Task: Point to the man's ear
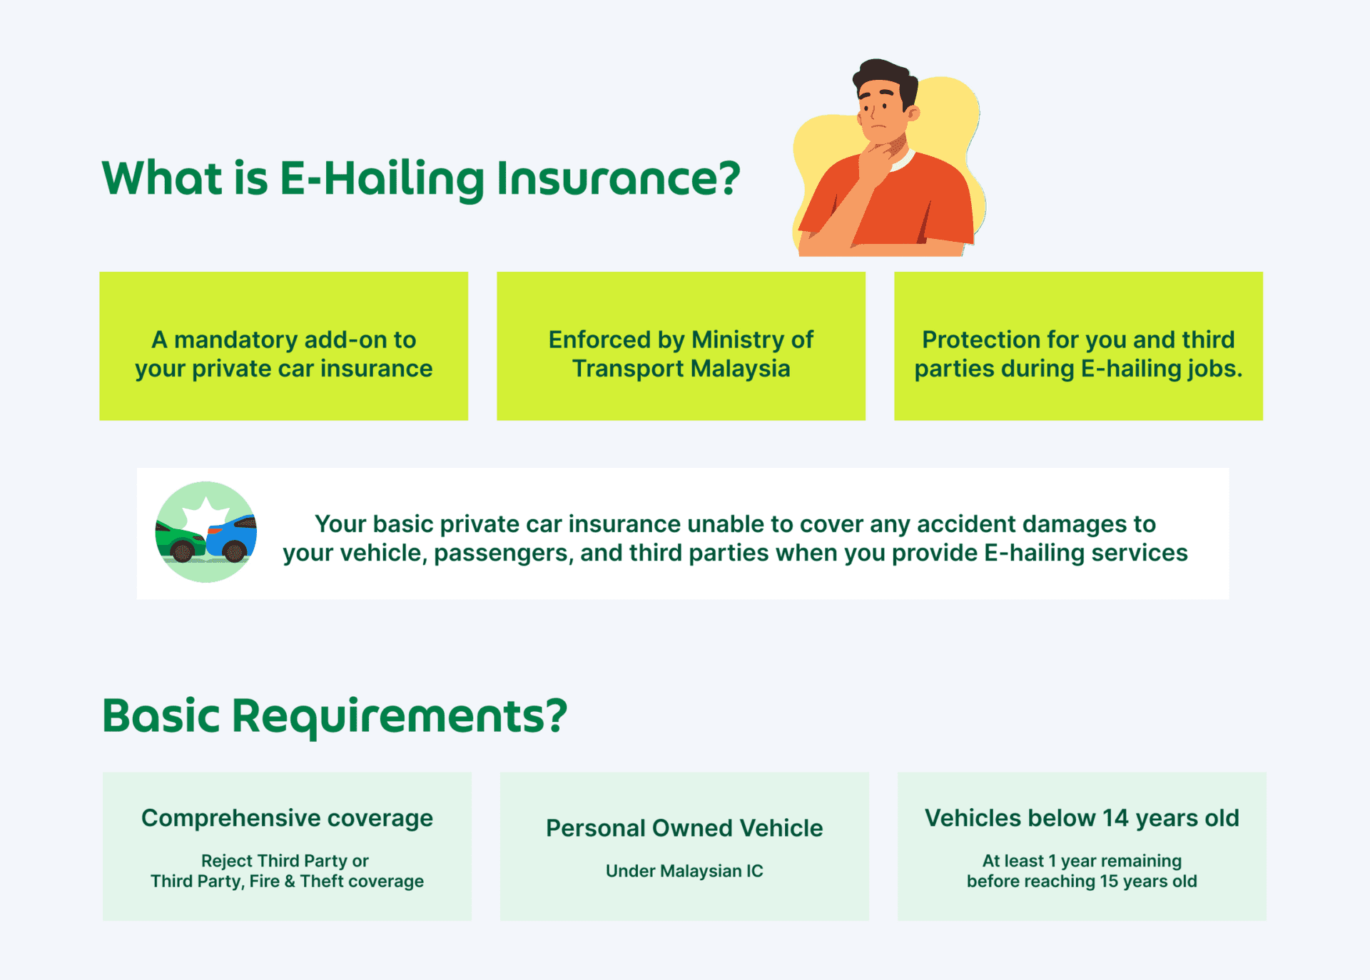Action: click(913, 112)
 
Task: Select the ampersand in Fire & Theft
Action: click(290, 882)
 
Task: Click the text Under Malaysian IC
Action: click(684, 871)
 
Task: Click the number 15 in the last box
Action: click(1109, 882)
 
